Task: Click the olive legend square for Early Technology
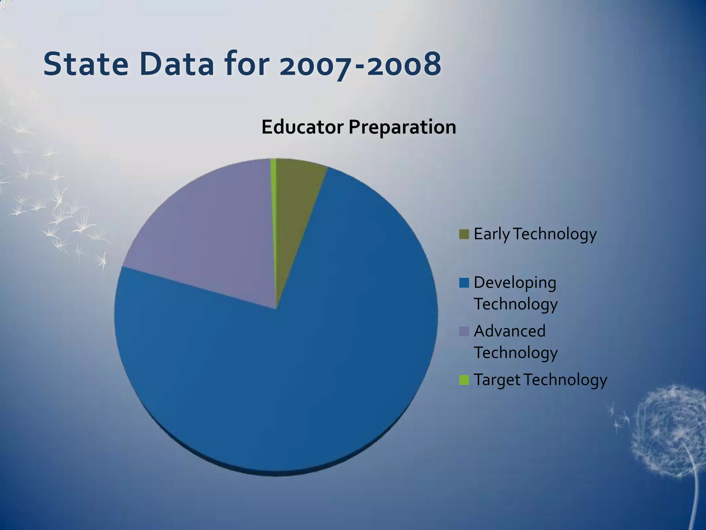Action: click(x=464, y=234)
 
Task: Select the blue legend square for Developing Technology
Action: click(x=464, y=283)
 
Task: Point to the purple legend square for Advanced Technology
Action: click(x=464, y=332)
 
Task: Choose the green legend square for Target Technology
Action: click(x=464, y=380)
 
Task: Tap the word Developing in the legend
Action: click(x=515, y=283)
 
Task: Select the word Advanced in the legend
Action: click(x=510, y=331)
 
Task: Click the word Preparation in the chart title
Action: click(x=402, y=128)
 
